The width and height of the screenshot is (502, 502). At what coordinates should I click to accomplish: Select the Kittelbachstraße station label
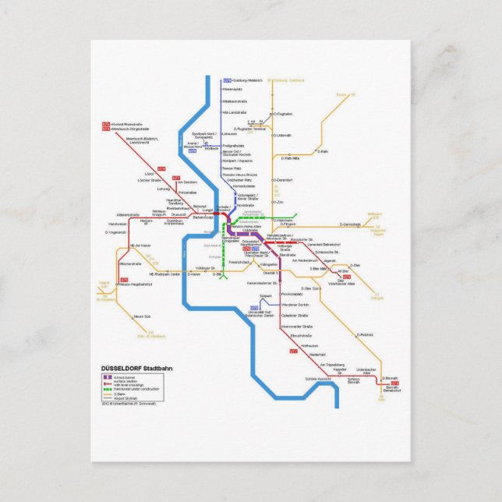pos(235,101)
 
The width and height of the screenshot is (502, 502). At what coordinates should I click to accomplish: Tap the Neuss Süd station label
pos(142,316)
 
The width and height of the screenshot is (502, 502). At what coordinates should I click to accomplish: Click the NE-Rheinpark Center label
pos(164,274)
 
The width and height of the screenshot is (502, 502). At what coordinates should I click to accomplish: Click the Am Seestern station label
pos(187,182)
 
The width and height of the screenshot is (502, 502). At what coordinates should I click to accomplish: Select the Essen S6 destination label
pos(341,94)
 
